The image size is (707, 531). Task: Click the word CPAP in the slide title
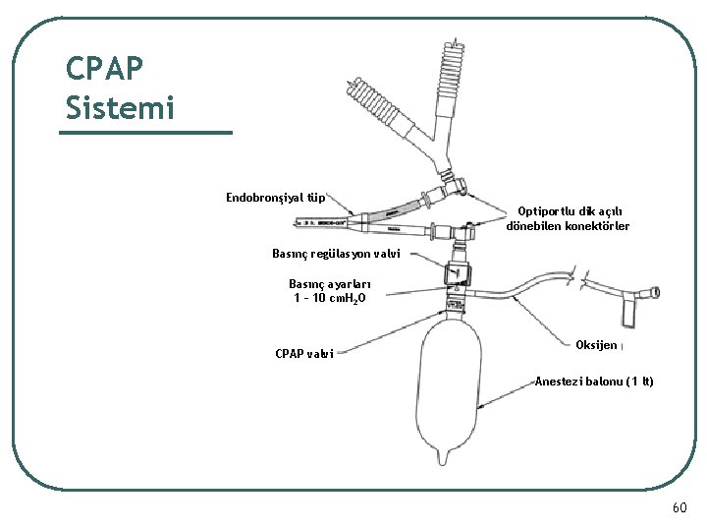(x=104, y=69)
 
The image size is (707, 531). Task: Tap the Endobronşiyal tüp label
(x=276, y=198)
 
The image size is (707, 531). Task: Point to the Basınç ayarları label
(x=329, y=283)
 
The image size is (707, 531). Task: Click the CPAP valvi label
(x=304, y=353)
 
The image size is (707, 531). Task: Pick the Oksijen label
(x=597, y=345)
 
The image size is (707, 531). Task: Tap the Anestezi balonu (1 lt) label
(x=593, y=382)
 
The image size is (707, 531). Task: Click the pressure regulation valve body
(x=458, y=274)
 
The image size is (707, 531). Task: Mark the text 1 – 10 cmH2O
(x=330, y=298)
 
